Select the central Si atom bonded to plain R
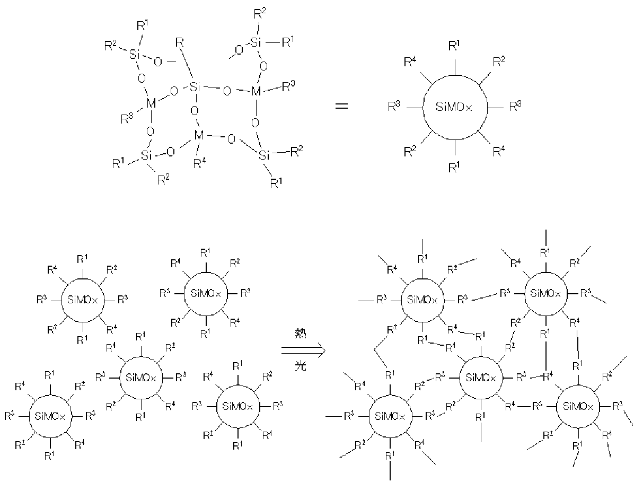[x=194, y=86]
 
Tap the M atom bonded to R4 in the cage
[x=199, y=135]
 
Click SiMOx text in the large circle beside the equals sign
[x=454, y=107]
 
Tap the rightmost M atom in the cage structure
[x=257, y=91]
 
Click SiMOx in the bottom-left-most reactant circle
[x=50, y=416]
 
